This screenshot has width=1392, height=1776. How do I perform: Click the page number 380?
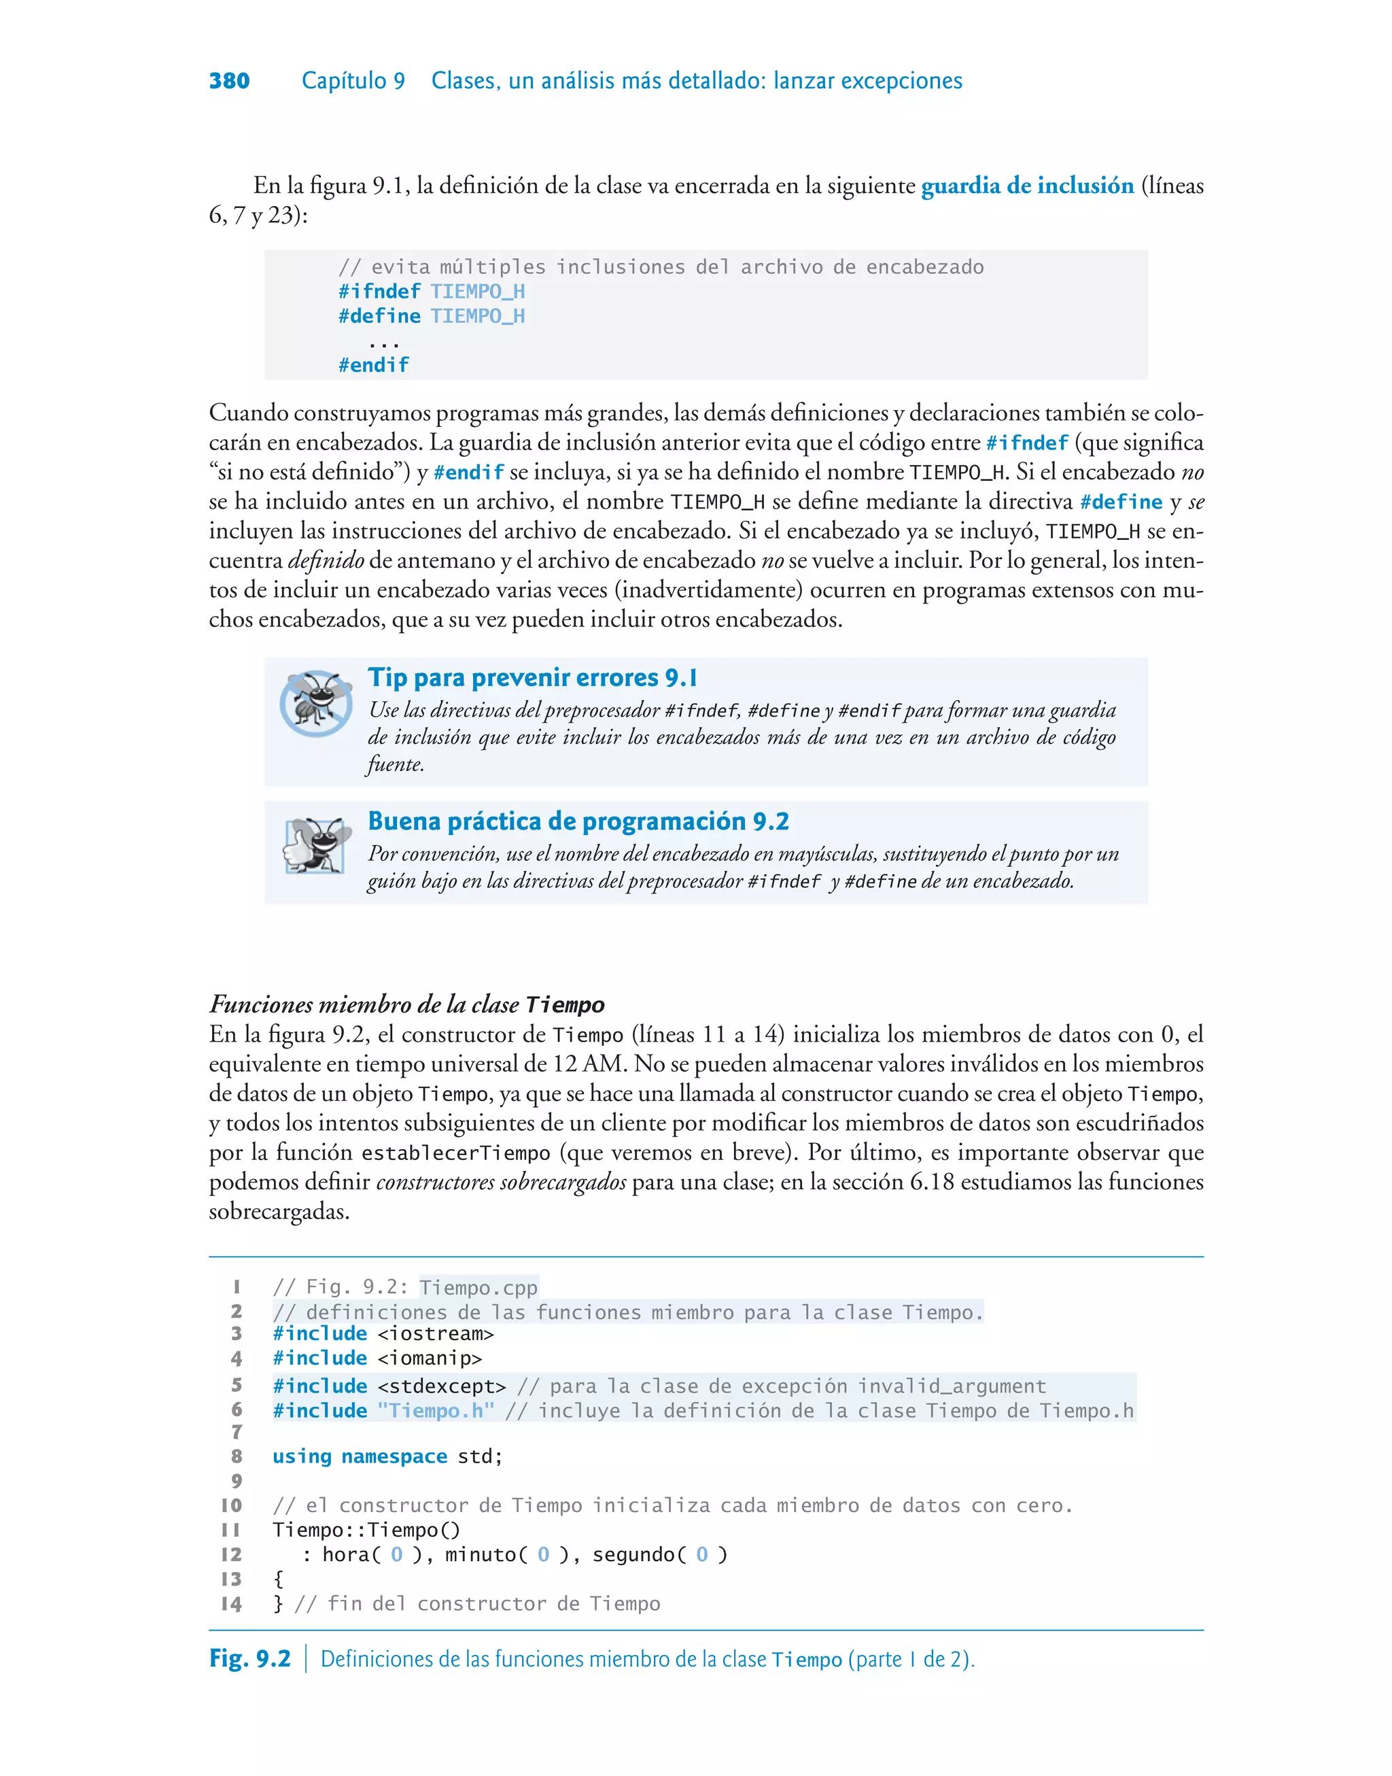click(x=229, y=81)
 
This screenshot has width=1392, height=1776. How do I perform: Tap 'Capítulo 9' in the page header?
click(x=353, y=81)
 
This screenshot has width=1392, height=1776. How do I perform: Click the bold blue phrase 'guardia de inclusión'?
click(x=1027, y=186)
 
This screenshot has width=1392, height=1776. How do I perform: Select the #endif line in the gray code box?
click(x=373, y=365)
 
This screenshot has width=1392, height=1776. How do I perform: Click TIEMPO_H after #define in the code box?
click(x=478, y=316)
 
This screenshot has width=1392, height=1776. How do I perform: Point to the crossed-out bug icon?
click(x=315, y=702)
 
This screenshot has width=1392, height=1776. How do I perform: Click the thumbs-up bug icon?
click(x=315, y=846)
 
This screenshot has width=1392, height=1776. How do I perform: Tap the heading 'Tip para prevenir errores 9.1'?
click(x=532, y=678)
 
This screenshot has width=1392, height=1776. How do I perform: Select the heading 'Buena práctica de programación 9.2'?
click(x=578, y=821)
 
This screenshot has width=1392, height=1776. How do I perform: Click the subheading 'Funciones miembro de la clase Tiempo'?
click(x=406, y=1004)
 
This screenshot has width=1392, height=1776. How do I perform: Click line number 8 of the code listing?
click(x=237, y=1456)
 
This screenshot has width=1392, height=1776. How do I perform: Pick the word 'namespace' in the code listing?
click(x=394, y=1456)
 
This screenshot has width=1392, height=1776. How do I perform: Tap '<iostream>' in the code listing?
click(x=435, y=1333)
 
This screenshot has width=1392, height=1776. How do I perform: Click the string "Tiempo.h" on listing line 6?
click(x=435, y=1411)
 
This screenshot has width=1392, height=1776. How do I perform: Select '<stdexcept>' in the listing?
click(x=442, y=1386)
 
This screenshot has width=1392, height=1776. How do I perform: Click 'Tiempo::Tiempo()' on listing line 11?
click(x=366, y=1530)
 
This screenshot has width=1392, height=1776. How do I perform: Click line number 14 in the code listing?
click(x=232, y=1604)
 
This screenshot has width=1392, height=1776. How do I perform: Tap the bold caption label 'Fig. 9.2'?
click(x=249, y=1658)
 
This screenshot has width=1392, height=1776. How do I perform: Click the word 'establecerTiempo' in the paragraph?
click(x=455, y=1153)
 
